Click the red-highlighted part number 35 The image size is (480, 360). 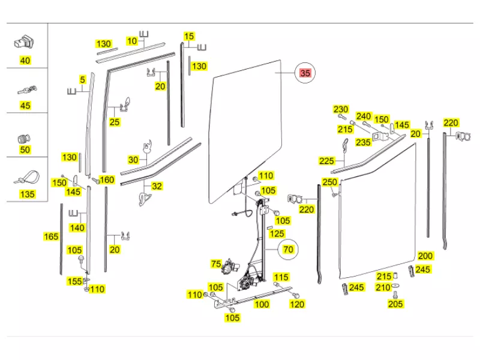[x=305, y=74]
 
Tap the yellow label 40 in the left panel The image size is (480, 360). [x=25, y=61]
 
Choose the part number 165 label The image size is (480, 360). [x=52, y=237]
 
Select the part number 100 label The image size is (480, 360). [x=262, y=304]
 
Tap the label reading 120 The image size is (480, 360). [x=297, y=304]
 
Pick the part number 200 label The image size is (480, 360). [x=425, y=256]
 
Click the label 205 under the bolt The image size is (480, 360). [x=396, y=304]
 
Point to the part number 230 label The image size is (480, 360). [x=341, y=109]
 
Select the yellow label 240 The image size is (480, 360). [x=364, y=116]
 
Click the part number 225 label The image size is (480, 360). [x=326, y=161]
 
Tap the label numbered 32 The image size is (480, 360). [x=157, y=187]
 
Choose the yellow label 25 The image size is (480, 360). [x=114, y=122]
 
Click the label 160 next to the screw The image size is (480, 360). [x=107, y=180]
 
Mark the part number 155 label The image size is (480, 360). [x=74, y=281]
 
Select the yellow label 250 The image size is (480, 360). [x=330, y=182]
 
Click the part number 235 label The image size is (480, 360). [x=363, y=142]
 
